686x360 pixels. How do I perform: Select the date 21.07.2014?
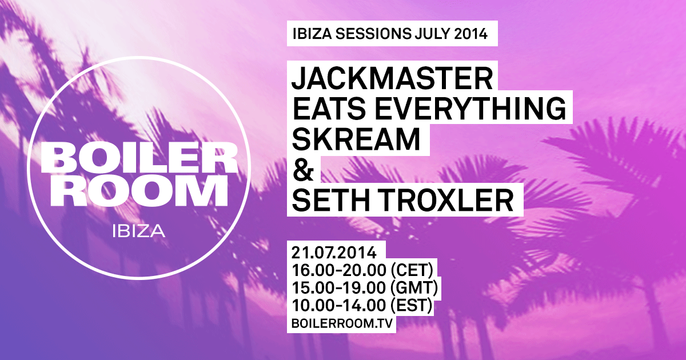click(x=337, y=252)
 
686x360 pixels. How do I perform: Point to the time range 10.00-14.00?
click(x=337, y=306)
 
